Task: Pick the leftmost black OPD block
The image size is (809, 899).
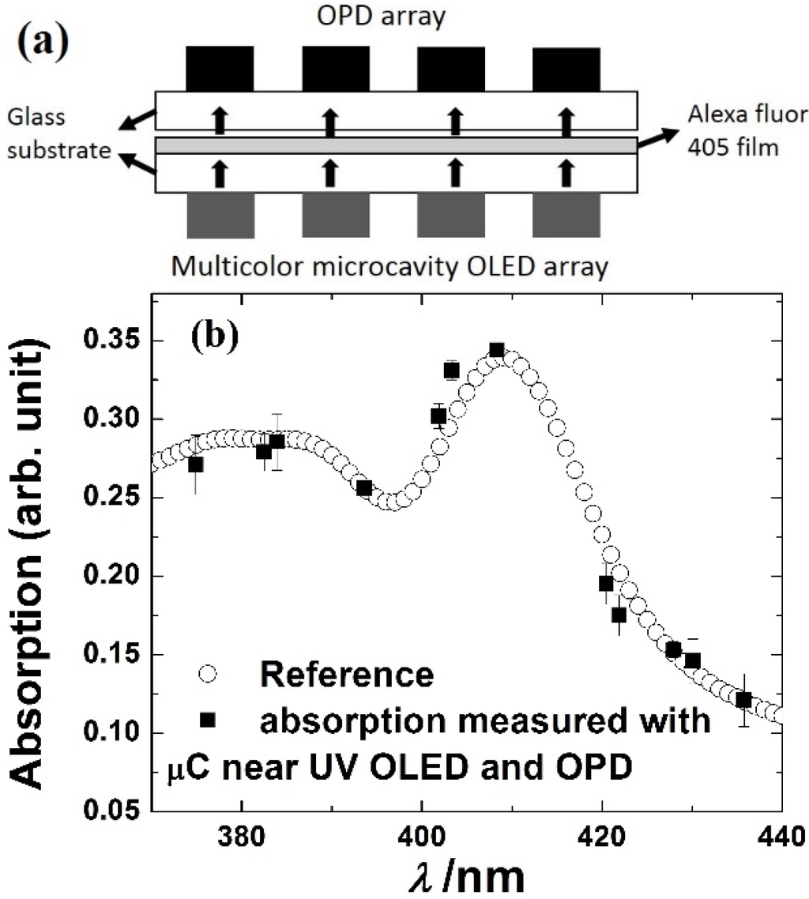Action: click(220, 69)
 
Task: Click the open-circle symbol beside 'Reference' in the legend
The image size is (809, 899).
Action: click(207, 674)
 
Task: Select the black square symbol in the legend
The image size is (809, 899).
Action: click(207, 720)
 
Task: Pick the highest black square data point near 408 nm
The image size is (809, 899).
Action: click(496, 351)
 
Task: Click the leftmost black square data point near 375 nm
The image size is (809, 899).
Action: click(196, 465)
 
